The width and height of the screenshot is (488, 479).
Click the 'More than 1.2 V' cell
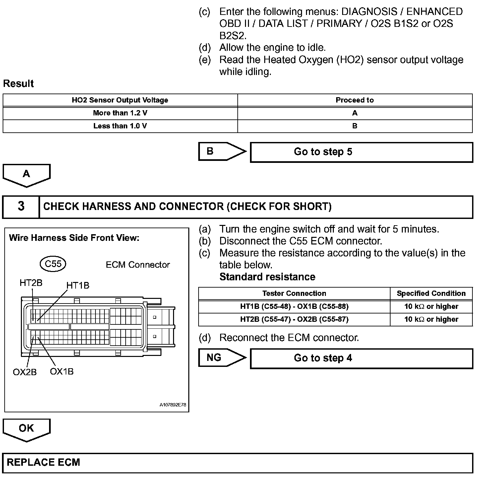(x=120, y=113)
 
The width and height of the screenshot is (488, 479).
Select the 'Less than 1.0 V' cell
(x=120, y=126)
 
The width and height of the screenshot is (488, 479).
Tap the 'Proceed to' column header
(x=354, y=100)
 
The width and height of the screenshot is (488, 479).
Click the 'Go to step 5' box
(x=361, y=152)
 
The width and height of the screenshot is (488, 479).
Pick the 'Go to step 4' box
(x=361, y=358)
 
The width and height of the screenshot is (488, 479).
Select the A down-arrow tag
(x=27, y=175)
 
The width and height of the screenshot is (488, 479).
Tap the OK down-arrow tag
(x=27, y=429)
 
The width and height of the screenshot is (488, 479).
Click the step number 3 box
(x=21, y=207)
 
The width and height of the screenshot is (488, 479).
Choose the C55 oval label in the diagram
(x=53, y=264)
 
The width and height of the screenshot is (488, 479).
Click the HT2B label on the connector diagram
(x=31, y=283)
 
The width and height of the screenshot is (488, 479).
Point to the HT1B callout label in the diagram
(x=78, y=286)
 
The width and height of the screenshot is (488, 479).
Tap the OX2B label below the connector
(x=25, y=372)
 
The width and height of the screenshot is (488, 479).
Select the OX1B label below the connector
(x=62, y=372)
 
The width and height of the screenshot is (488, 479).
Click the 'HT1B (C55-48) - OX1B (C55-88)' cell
(x=294, y=307)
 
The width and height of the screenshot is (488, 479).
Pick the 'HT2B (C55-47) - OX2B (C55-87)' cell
(x=294, y=319)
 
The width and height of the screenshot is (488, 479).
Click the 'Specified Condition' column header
(x=431, y=294)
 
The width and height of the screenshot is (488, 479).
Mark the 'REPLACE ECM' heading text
(x=43, y=463)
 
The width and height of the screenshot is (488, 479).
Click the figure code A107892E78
(x=173, y=405)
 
